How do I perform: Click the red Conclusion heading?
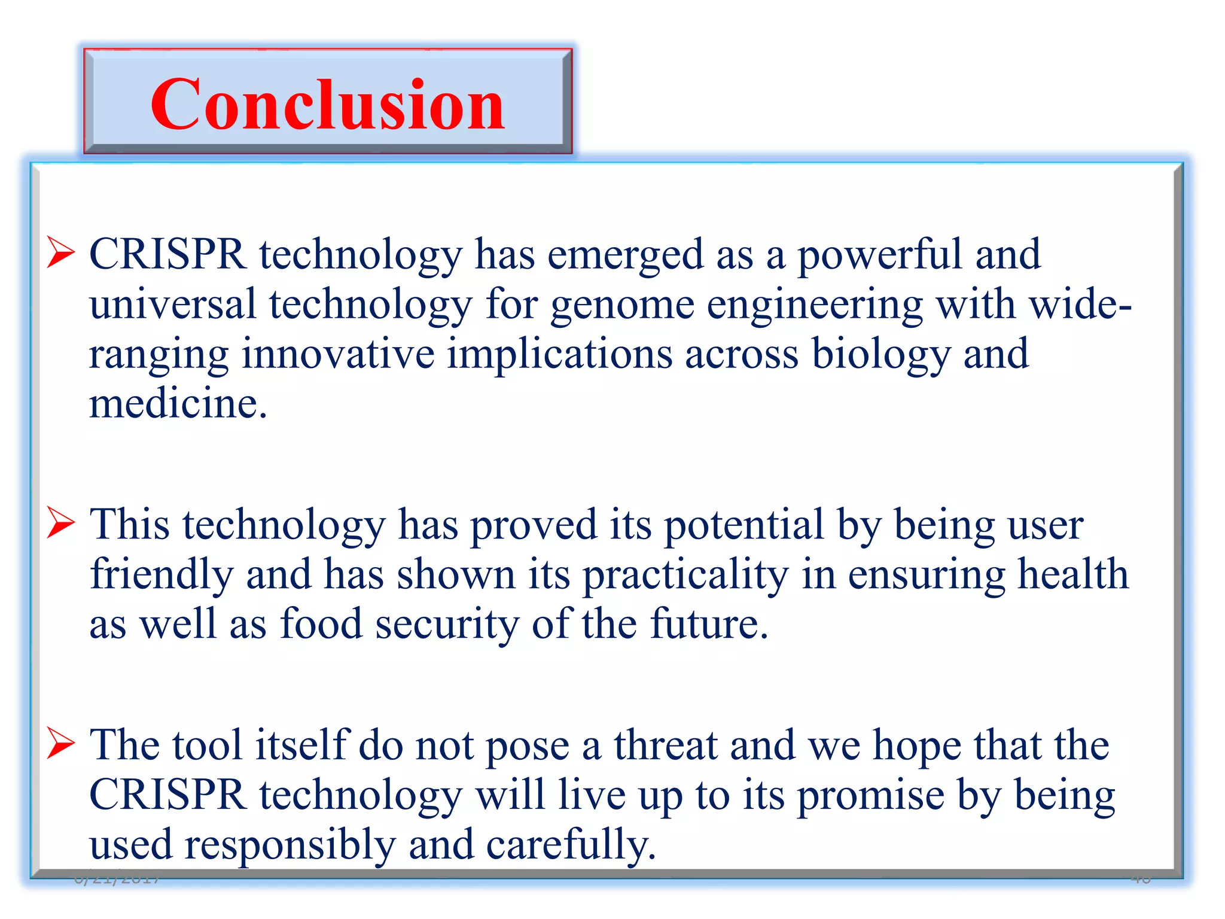click(327, 105)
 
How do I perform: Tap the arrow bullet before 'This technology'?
click(60, 522)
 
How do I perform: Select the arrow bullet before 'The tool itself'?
click(60, 744)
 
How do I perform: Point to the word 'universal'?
click(173, 304)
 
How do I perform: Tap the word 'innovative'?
click(337, 354)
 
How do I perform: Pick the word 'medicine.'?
click(178, 404)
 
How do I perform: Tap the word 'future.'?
click(709, 624)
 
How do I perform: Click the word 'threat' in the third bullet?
click(665, 746)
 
